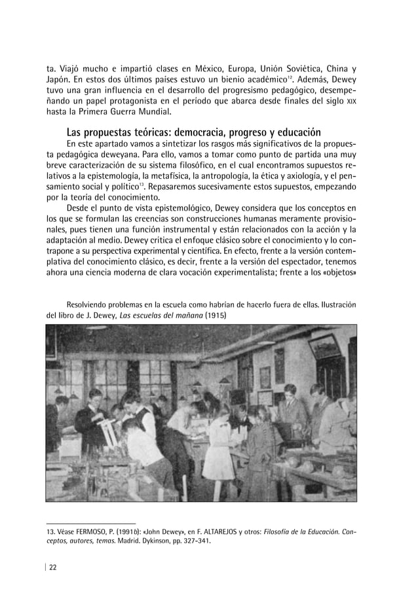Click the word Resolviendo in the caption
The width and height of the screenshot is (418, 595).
pyautogui.click(x=90, y=304)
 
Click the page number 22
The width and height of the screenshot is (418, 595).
pyautogui.click(x=53, y=568)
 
